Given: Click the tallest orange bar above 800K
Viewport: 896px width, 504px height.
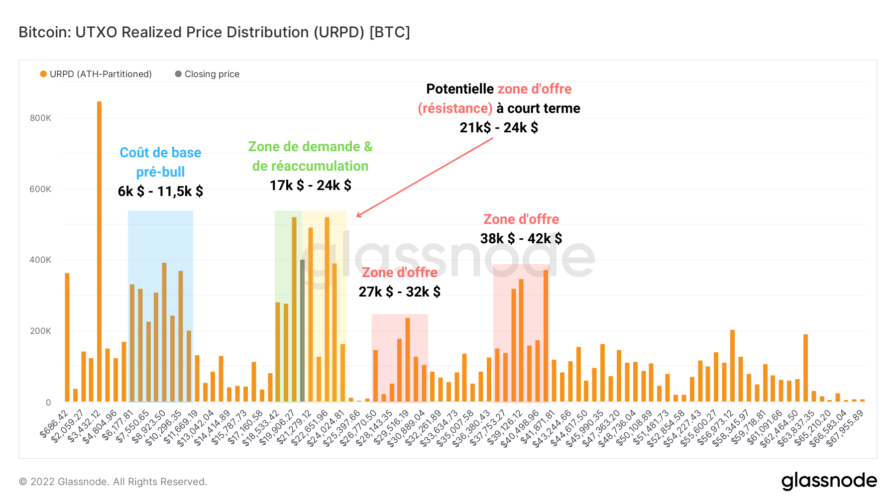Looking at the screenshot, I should tap(99, 249).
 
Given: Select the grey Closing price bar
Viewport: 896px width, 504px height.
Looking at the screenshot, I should tap(302, 330).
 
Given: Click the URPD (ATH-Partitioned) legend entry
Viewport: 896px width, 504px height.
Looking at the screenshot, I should tap(96, 74).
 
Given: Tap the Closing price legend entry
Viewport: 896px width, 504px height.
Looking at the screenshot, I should tap(208, 74).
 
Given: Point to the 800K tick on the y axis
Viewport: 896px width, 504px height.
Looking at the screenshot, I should tap(40, 118).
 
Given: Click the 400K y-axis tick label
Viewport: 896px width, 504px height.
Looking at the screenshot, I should tap(40, 260).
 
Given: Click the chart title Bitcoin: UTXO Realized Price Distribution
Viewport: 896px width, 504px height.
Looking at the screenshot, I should tap(214, 32).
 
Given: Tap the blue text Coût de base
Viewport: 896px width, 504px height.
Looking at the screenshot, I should tap(160, 153).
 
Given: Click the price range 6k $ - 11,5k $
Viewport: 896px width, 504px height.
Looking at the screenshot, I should tap(160, 192).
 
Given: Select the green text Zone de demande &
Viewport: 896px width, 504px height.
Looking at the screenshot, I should tap(310, 147).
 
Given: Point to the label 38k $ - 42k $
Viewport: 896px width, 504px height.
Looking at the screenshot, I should tap(521, 239).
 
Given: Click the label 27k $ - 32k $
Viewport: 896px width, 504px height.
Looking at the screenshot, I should tap(399, 292).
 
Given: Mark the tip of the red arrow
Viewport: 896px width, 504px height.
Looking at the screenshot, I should tap(357, 216).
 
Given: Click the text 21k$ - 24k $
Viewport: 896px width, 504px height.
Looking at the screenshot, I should tap(499, 128).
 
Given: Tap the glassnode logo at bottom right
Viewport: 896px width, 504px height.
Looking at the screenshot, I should tap(829, 481).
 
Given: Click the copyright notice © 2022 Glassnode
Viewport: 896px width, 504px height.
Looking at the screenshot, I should tap(113, 482).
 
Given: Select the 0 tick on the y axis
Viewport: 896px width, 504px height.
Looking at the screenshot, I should tap(48, 402).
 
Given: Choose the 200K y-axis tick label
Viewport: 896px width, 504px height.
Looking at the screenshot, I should tap(40, 331).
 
